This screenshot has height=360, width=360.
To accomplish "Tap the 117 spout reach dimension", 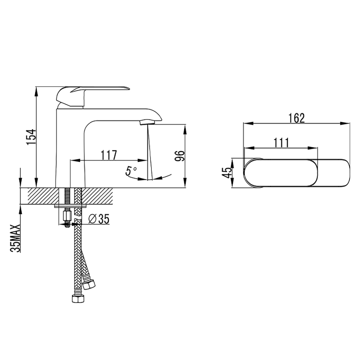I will tap(109, 154).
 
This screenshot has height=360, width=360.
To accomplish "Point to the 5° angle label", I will tap(131, 171).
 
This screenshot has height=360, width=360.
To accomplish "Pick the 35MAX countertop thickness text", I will tap(16, 237).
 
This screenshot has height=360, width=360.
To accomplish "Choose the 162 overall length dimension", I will tap(296, 118).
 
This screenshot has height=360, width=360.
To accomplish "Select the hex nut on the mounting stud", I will tap(67, 216).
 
